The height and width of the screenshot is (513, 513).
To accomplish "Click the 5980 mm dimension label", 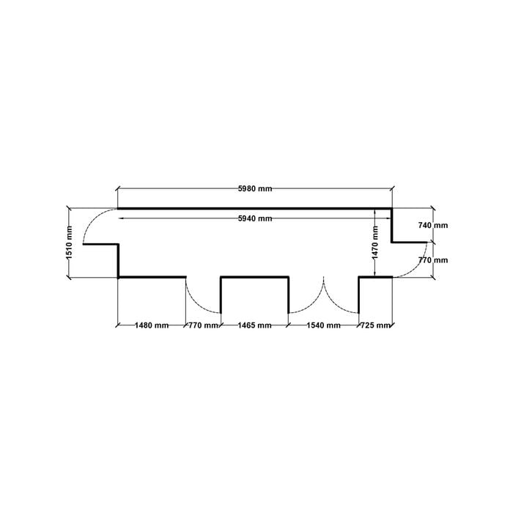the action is [x=255, y=189].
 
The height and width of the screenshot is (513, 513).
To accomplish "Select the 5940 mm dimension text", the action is [x=255, y=218].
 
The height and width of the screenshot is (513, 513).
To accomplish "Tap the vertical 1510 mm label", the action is [x=69, y=243].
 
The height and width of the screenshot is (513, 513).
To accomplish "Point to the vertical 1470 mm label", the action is [x=375, y=243].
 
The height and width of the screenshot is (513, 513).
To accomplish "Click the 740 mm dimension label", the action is [x=433, y=226].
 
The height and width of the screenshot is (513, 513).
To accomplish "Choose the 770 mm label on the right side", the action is [x=433, y=260].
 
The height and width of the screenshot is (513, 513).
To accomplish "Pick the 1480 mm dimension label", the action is [x=152, y=325].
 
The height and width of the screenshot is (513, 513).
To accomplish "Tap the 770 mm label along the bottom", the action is [x=203, y=325].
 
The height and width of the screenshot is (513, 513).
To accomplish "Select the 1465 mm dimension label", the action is [x=254, y=325].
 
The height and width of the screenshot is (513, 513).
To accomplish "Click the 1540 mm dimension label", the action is [x=324, y=325].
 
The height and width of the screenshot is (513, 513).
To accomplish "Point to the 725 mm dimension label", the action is [x=375, y=325].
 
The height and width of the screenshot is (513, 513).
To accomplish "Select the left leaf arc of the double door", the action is [x=314, y=303].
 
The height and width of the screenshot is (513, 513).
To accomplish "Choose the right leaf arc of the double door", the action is [x=333, y=303].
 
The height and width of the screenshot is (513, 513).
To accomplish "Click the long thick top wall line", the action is [x=255, y=208].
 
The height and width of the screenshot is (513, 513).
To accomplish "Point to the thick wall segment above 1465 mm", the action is [x=254, y=278].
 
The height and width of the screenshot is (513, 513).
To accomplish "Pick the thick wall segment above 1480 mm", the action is [x=152, y=278].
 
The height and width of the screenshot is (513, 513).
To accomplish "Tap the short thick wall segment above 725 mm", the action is [x=375, y=278].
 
